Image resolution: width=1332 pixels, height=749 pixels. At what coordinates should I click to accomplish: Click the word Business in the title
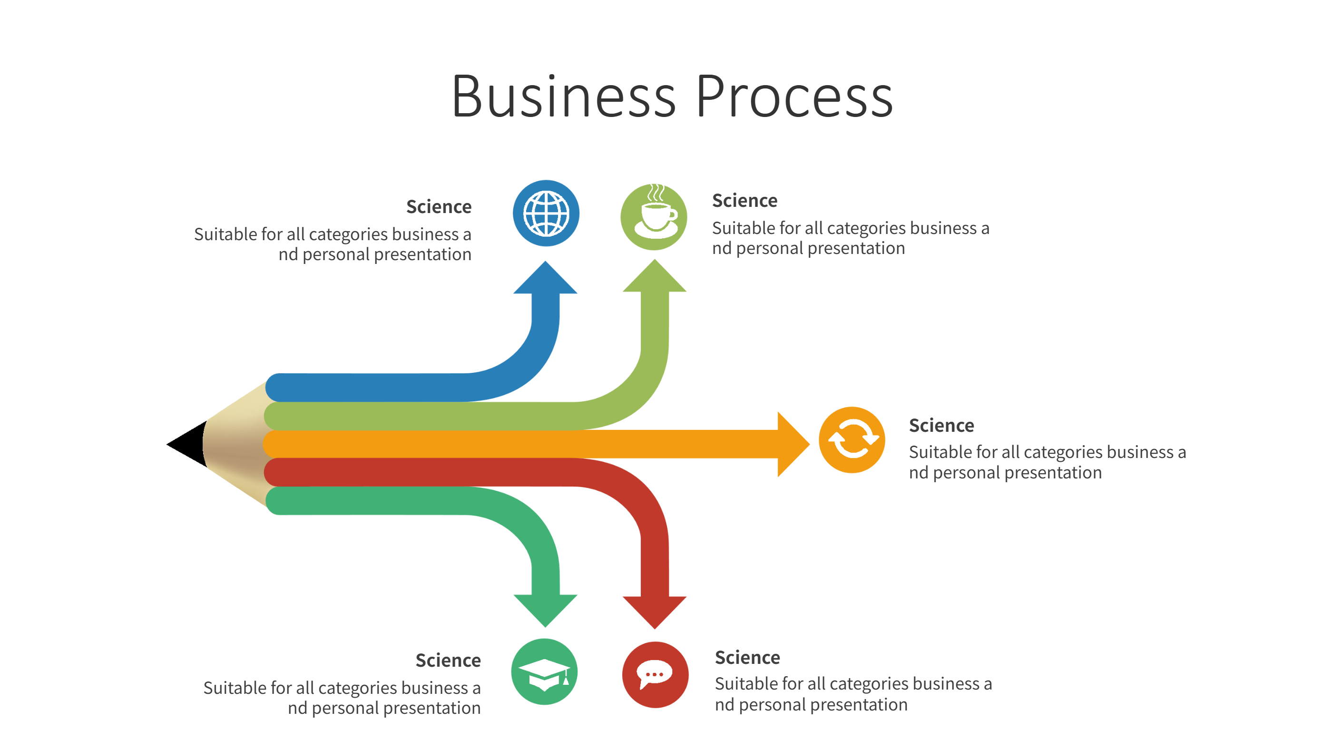pyautogui.click(x=564, y=97)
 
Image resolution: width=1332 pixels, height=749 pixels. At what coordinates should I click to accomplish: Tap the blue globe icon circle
pyautogui.click(x=546, y=213)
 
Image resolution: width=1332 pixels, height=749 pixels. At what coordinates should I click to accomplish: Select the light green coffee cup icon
pyautogui.click(x=654, y=216)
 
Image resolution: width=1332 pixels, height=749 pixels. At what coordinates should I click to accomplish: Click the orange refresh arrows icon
pyautogui.click(x=852, y=440)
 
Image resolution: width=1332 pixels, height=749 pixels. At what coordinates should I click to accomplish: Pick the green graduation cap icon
pyautogui.click(x=545, y=671)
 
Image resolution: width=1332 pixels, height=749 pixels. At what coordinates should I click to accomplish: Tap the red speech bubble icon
pyautogui.click(x=655, y=674)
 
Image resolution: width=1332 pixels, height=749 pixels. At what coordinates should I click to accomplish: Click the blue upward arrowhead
pyautogui.click(x=545, y=279)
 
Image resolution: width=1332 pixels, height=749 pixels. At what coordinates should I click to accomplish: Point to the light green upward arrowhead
pyautogui.click(x=655, y=278)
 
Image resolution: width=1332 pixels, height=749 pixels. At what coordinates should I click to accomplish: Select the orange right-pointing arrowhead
pyautogui.click(x=792, y=444)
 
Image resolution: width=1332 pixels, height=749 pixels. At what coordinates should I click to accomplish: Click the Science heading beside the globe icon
pyautogui.click(x=439, y=207)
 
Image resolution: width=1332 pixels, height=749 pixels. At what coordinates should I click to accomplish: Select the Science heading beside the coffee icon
pyautogui.click(x=744, y=201)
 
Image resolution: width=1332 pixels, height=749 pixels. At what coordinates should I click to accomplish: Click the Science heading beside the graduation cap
pyautogui.click(x=448, y=661)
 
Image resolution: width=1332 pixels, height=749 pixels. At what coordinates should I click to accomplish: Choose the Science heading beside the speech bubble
pyautogui.click(x=747, y=658)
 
